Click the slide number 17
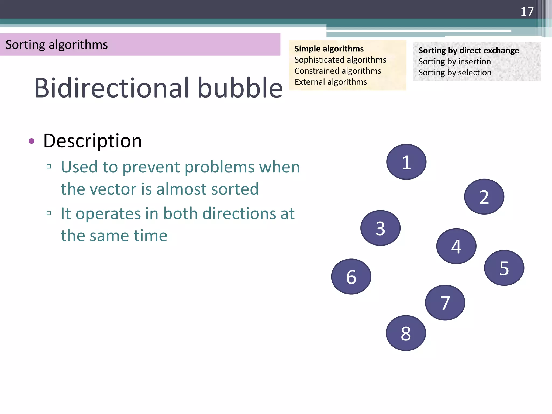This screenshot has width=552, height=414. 527,12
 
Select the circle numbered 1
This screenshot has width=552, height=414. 406,162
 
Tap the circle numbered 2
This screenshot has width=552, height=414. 484,196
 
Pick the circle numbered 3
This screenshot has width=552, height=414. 380,228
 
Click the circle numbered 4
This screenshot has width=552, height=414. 456,246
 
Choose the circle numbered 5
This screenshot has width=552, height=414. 504,268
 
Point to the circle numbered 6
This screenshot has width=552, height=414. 351,277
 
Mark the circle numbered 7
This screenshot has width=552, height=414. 445,303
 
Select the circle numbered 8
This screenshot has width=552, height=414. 406,333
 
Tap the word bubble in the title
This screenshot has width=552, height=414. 240,88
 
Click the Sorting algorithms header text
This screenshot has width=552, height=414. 57,45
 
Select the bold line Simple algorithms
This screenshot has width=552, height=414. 329,49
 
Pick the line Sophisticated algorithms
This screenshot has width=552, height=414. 340,60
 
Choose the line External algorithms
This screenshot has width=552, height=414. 330,82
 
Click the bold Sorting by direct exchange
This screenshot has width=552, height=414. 468,51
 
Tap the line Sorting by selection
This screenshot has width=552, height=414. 455,73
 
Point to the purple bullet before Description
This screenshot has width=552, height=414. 32,141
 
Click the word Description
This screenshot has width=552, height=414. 92,141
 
